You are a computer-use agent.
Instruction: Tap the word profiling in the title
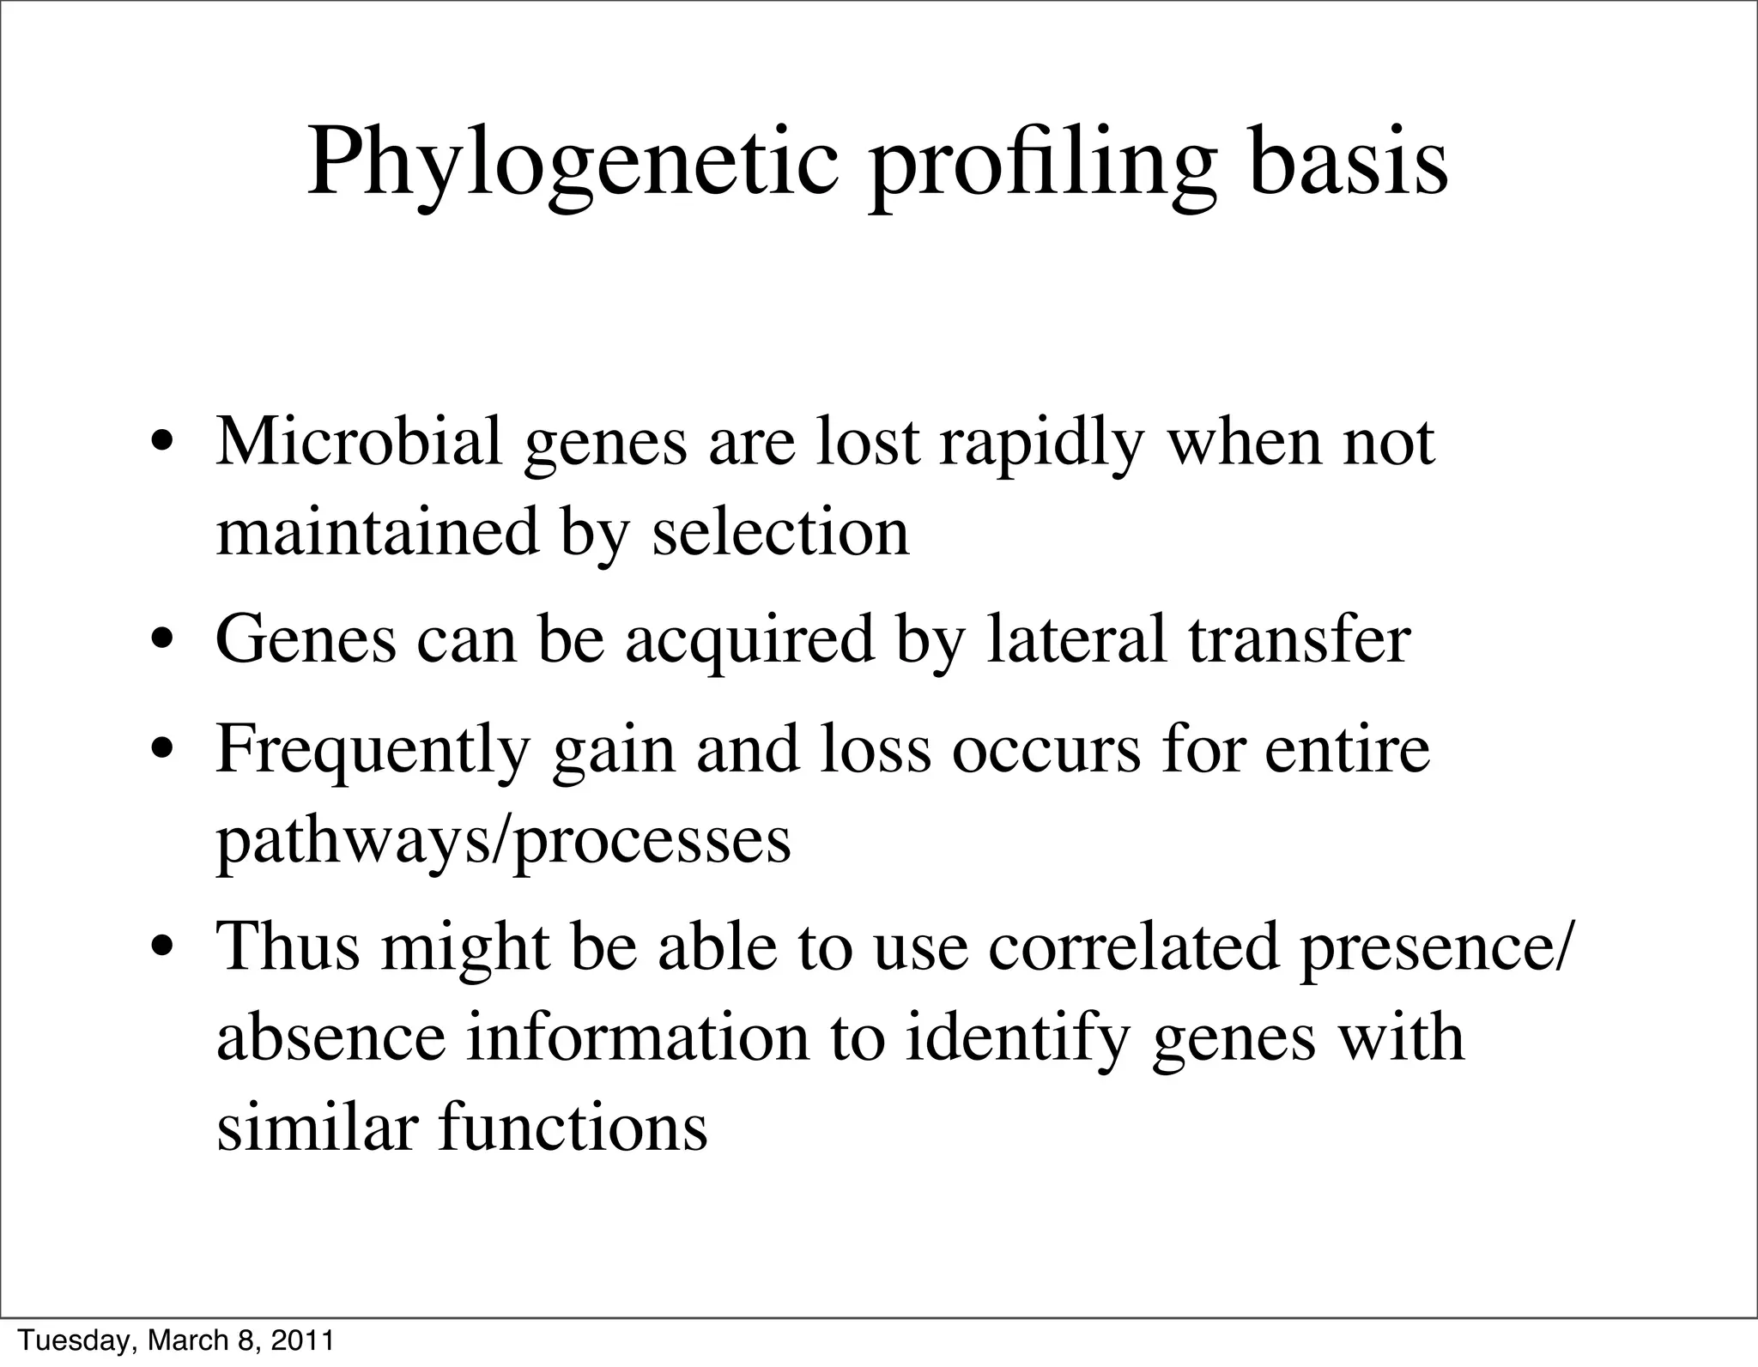tap(1042, 163)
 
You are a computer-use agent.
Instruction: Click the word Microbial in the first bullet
tap(358, 443)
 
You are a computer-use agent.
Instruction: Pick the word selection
tap(780, 534)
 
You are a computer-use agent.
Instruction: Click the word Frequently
tap(373, 749)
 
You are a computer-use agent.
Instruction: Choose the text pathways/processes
tap(503, 841)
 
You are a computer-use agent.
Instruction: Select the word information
tap(638, 1038)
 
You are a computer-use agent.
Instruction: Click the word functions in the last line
tap(573, 1128)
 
